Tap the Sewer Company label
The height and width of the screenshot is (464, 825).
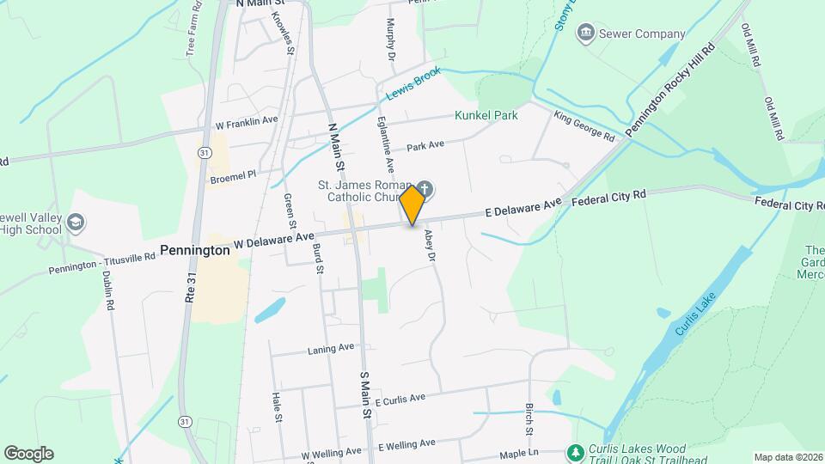coord(644,34)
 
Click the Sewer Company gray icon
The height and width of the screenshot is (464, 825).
coord(587,34)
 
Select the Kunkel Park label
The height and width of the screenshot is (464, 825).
coord(486,115)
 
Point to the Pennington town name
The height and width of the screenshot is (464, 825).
coord(195,250)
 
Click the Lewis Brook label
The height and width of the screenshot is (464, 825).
coord(413,84)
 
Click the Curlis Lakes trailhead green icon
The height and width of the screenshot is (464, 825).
coord(574,451)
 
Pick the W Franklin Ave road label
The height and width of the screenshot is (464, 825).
coord(247,121)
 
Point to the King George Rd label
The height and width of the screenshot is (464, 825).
coord(584,126)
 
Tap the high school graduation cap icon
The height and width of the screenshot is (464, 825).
coord(76,223)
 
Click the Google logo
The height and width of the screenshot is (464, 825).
coord(28,453)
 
